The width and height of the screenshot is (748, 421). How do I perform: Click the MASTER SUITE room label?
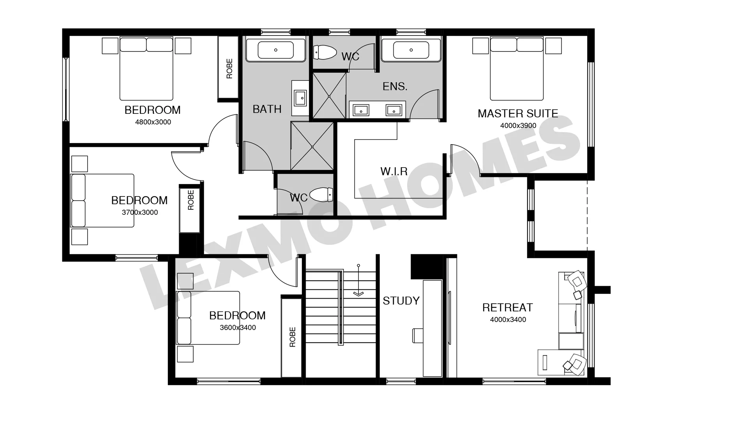tap(518, 113)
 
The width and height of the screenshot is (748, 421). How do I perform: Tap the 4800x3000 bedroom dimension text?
tap(153, 122)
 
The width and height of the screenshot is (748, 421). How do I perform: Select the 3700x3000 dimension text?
tap(140, 212)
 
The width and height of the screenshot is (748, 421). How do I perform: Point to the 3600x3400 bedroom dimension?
tap(238, 327)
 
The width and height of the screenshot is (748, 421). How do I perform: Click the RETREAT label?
tap(508, 308)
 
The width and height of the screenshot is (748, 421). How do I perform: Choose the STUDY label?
tap(401, 301)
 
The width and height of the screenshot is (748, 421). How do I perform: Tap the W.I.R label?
tap(394, 171)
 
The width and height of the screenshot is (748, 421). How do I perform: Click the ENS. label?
tap(395, 86)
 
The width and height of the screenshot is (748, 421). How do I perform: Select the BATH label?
tap(267, 109)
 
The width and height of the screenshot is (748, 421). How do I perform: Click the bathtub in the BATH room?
tap(276, 50)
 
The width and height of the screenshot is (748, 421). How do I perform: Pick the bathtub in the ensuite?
tap(411, 50)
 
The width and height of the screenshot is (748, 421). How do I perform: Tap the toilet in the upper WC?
tap(325, 52)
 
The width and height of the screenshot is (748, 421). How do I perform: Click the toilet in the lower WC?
tap(321, 194)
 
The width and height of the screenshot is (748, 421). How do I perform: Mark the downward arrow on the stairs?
tap(358, 280)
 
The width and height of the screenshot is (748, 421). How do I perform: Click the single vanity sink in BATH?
tap(300, 98)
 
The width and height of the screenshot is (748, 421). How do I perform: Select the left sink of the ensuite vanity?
tap(361, 110)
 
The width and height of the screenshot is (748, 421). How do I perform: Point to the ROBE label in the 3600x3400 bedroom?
tap(293, 337)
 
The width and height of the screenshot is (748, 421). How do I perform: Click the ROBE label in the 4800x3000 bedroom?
tap(229, 69)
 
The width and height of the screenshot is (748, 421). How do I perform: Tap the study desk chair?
tap(418, 336)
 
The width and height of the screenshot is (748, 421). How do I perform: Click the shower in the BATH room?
tap(312, 146)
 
